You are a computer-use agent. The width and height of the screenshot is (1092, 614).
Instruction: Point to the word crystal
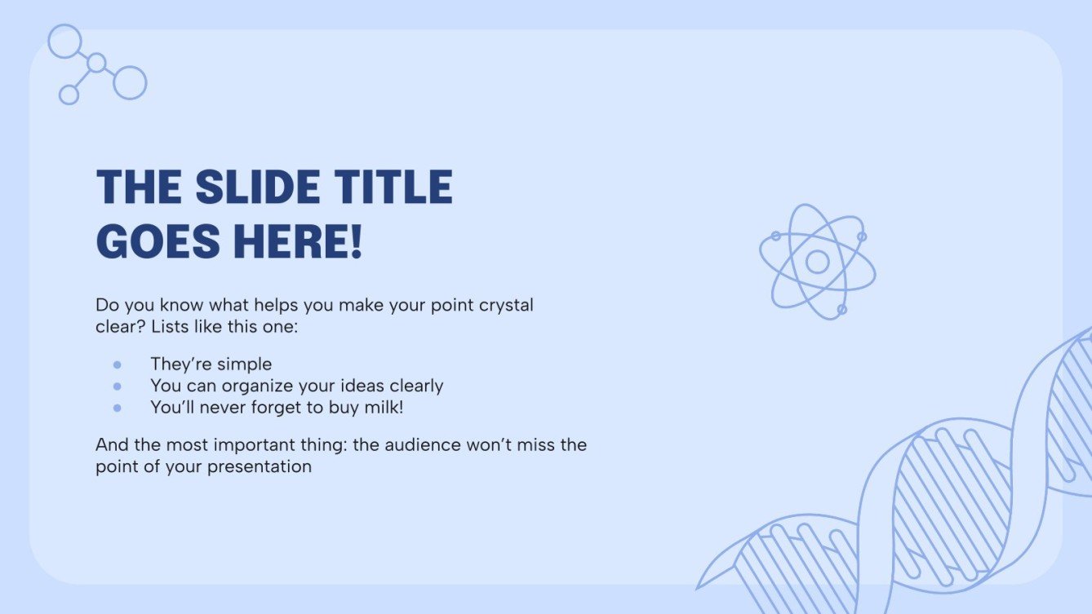504,306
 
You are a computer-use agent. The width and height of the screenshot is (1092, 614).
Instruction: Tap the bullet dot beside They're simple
118,364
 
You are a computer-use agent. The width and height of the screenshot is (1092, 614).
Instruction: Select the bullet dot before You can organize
118,386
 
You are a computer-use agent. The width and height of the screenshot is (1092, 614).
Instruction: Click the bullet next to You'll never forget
118,407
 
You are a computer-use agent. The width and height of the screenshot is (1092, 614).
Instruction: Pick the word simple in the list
244,364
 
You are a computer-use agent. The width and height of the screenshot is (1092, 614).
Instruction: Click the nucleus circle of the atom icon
817,262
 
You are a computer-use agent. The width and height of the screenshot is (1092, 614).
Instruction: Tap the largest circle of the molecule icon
130,82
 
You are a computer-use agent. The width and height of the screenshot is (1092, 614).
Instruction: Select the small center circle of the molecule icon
96,63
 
